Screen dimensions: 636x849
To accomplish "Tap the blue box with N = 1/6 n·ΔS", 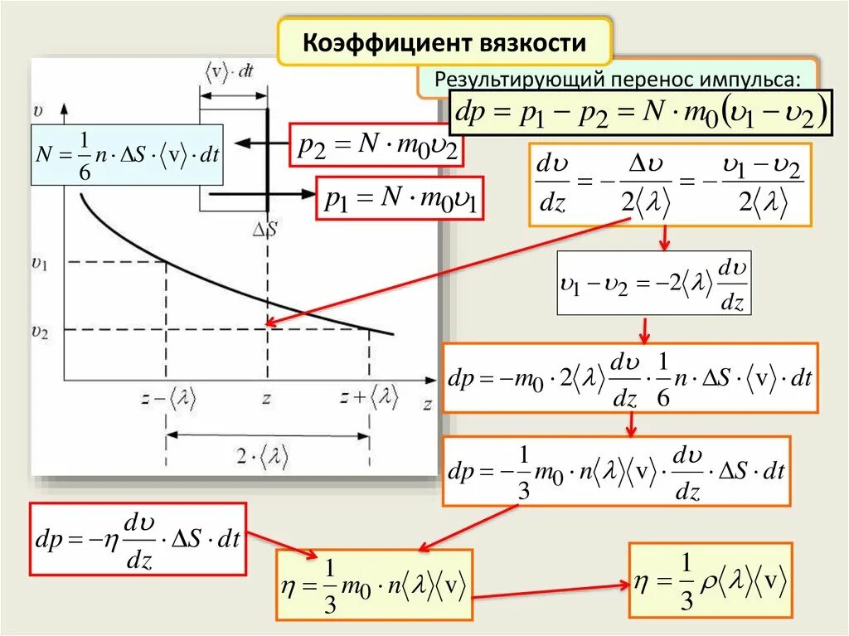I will point(129,154).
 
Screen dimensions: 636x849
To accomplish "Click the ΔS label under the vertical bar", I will point(267,229).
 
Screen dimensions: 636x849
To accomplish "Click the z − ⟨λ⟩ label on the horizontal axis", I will point(167,399).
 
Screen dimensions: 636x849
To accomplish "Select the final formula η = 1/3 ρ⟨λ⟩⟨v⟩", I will point(711,580).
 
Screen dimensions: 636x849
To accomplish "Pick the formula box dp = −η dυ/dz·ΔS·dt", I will point(138,539).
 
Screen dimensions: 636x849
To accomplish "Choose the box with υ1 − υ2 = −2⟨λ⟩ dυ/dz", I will point(653,283).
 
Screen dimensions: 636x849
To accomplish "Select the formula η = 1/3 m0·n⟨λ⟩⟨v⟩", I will point(375,585).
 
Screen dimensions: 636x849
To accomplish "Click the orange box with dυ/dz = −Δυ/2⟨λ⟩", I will point(670,185).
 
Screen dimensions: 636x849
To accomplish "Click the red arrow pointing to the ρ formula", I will point(551,590).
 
